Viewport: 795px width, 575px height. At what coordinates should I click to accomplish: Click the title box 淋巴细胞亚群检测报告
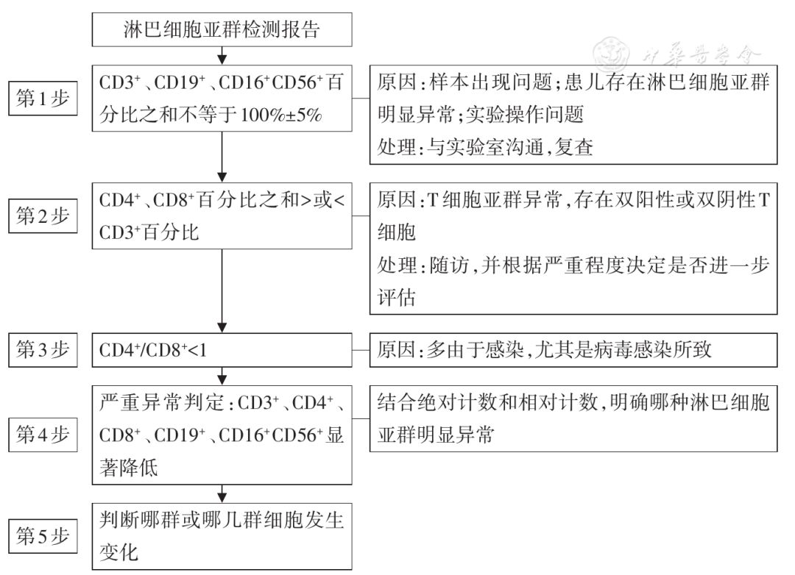[x=221, y=30]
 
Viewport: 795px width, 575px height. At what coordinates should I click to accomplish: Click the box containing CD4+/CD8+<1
[x=221, y=350]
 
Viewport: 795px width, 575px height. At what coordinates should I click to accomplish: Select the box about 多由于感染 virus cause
[x=573, y=350]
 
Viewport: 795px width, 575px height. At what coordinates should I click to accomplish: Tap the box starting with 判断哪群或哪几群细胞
[x=221, y=536]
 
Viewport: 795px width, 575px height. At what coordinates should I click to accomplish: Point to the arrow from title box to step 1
[x=222, y=55]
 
